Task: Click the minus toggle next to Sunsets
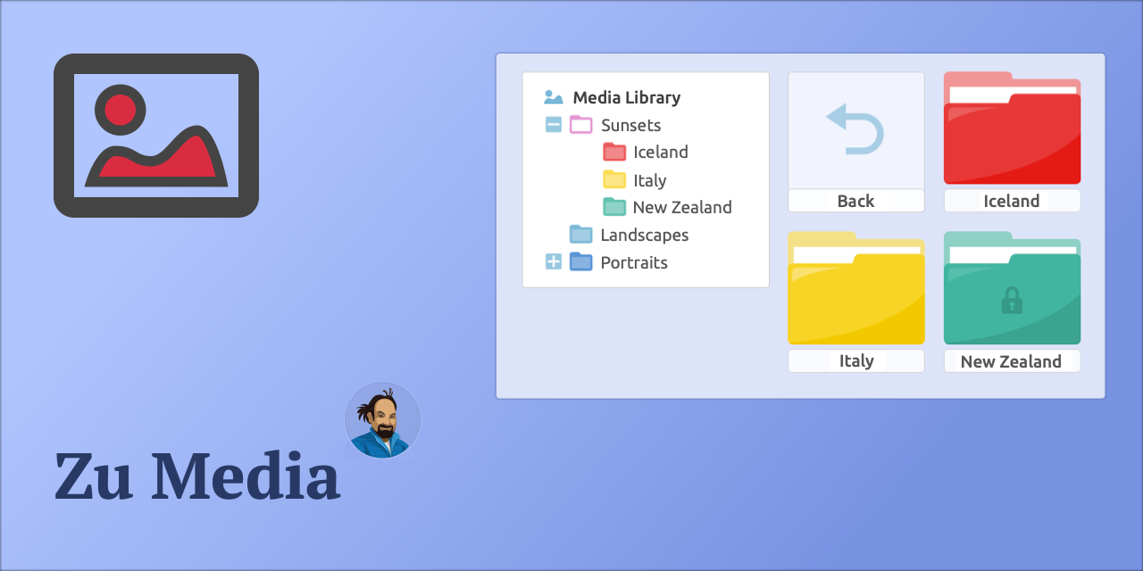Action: click(x=554, y=125)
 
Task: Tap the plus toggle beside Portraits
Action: click(x=554, y=262)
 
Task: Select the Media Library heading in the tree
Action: click(x=626, y=97)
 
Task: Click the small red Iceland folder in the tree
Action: click(x=614, y=152)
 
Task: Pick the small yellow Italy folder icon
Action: click(x=614, y=179)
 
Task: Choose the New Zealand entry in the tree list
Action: click(x=681, y=207)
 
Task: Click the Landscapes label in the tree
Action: click(x=644, y=235)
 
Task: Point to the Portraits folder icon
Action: click(x=581, y=261)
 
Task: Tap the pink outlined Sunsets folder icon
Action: click(x=581, y=124)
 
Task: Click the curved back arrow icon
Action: click(x=855, y=128)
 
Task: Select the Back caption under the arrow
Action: click(x=855, y=201)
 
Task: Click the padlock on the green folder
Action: click(x=1012, y=301)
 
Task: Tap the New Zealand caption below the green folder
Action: click(x=1011, y=361)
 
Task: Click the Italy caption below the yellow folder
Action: click(x=856, y=361)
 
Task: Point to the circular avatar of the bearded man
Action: click(x=382, y=420)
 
